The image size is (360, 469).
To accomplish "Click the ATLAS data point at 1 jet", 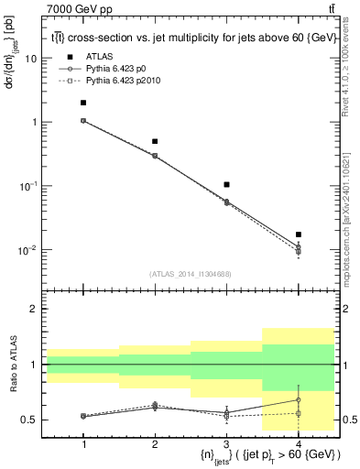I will pos(83,103).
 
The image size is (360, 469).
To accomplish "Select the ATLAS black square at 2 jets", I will pos(155,141).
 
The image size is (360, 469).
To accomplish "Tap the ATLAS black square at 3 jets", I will pos(226,185).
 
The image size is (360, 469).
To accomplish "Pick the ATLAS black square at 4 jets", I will pos(298,234).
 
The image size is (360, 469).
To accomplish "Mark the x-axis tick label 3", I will pos(226,443).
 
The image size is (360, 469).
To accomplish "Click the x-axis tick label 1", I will pos(83,443).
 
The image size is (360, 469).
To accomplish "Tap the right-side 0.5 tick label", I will pos(349,420).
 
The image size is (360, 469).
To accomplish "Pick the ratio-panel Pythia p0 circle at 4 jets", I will pos(298,399).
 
